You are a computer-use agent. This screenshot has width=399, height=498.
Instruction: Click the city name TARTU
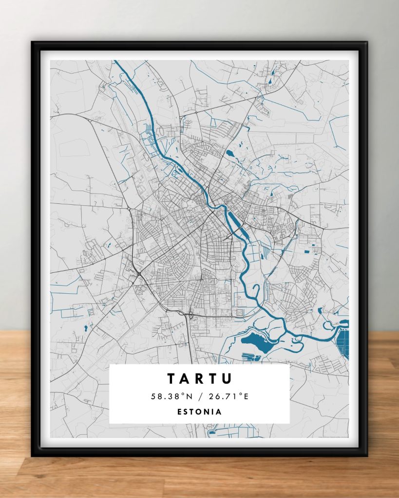[x=200, y=378]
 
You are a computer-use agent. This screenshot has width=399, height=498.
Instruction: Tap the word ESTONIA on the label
[x=200, y=412]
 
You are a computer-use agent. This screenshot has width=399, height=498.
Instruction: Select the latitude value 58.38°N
[x=171, y=396]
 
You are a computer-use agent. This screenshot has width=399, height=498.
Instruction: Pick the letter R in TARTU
[x=200, y=378]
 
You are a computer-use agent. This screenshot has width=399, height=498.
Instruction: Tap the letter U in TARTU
[x=228, y=378]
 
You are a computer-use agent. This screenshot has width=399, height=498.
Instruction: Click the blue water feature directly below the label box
[x=212, y=431]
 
